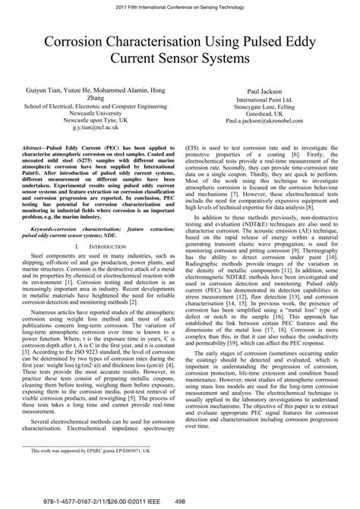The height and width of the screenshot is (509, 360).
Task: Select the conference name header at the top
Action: [x=179, y=5]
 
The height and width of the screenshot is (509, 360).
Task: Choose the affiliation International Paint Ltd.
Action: [x=266, y=99]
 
